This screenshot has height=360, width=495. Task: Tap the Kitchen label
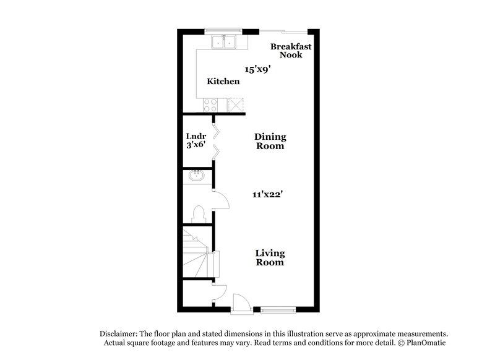coord(223,82)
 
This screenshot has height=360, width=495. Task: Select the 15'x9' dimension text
coord(258,70)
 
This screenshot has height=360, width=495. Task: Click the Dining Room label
coord(270,142)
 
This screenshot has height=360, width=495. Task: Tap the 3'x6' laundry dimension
coord(196,147)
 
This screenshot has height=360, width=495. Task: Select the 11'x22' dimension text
coord(267,194)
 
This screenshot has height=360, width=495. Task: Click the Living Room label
coord(270,257)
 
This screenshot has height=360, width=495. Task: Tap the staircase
coord(198,254)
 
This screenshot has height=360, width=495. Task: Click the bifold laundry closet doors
coord(215,142)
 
